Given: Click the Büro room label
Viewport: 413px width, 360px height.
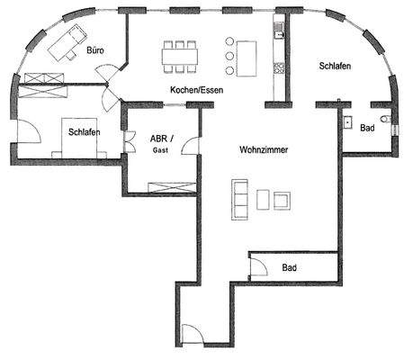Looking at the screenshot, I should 95,51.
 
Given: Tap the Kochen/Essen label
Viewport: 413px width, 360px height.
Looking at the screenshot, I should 196,89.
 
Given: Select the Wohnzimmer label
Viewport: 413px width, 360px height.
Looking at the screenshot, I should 263,150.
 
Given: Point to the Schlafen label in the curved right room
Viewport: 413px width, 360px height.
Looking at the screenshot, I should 335,67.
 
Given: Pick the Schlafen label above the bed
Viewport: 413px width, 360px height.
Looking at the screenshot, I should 83,133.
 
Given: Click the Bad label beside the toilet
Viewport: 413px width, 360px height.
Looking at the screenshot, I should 367,129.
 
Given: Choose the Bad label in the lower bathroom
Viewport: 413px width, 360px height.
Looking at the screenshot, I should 289,268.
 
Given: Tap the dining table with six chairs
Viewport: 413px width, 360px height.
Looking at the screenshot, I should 179,56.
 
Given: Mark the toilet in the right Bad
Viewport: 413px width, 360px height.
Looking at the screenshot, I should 385,120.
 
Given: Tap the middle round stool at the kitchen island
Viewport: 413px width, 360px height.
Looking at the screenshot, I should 229,56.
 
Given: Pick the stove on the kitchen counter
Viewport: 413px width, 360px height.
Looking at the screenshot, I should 279,68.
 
